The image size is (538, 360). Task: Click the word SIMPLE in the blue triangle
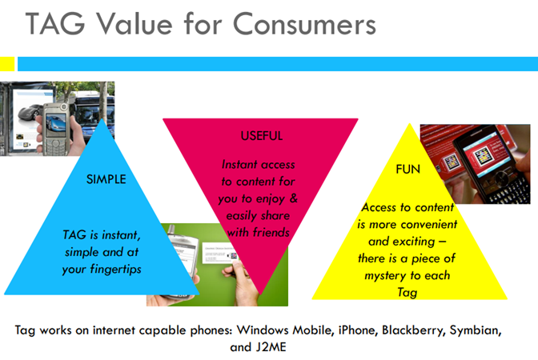coord(106,179)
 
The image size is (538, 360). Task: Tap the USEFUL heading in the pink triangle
coord(262,136)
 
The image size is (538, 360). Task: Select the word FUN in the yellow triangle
coord(408,169)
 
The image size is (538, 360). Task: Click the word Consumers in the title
coord(305,24)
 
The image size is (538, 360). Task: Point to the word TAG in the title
coord(55,24)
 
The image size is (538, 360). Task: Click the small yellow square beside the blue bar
coord(7,64)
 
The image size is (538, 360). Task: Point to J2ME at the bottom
coord(271,347)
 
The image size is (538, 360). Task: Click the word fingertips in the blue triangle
coord(115,270)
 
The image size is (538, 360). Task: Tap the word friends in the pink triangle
coord(271,233)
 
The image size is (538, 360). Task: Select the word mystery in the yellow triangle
coord(385,276)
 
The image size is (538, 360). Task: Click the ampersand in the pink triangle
coord(293,198)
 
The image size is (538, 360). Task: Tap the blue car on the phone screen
coord(55,124)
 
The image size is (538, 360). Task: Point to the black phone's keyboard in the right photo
coord(509,190)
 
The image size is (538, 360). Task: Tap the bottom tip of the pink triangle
coord(260,294)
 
